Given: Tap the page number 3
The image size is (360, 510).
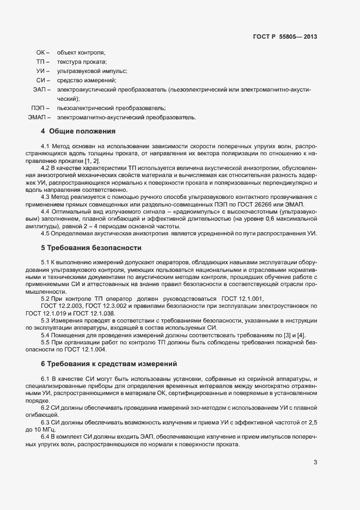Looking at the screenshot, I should click(315, 463).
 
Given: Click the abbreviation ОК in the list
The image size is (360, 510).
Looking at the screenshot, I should click(41, 52).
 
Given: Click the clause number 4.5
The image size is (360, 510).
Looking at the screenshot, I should click(45, 234).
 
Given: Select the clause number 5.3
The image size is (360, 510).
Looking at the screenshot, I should click(45, 320).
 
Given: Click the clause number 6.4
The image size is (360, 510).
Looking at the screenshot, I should click(45, 437).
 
